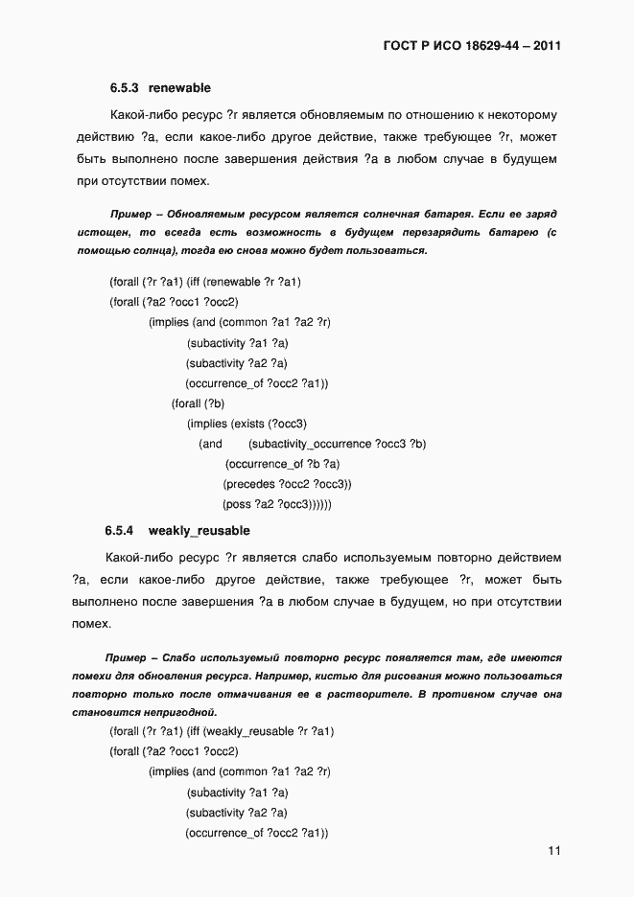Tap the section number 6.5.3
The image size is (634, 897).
click(124, 87)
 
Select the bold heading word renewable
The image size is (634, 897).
click(179, 87)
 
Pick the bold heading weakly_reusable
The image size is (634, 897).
click(199, 530)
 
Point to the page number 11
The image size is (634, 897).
click(554, 851)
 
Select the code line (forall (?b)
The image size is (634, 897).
click(198, 403)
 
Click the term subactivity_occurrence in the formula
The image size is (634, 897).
click(309, 444)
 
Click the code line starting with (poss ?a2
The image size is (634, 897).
click(277, 504)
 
